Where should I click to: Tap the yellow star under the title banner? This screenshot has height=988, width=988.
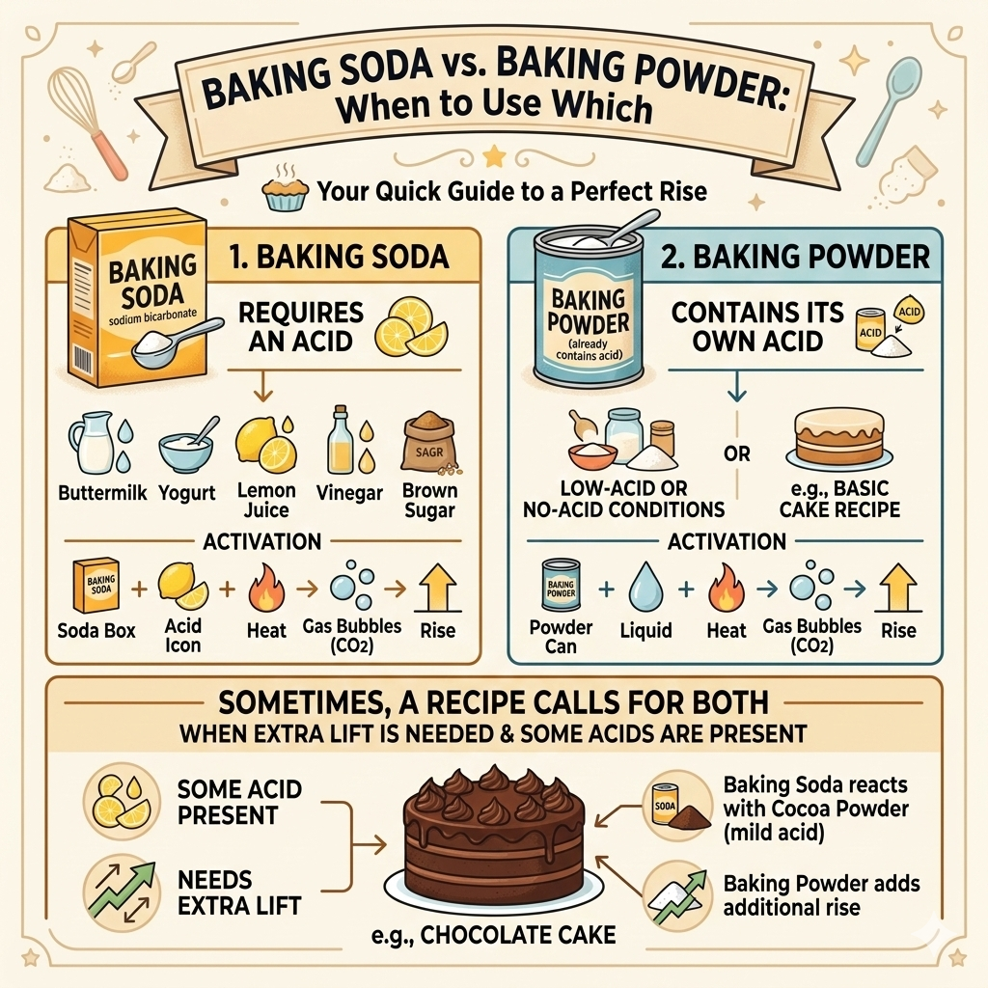[495, 154]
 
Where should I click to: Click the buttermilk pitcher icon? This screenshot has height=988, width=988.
[92, 445]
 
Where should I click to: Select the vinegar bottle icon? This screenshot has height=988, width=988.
[342, 440]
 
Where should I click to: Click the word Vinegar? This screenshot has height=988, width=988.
[349, 493]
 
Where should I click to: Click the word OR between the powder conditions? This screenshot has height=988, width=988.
[736, 453]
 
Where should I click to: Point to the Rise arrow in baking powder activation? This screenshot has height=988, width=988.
[898, 588]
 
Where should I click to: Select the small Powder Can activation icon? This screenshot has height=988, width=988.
[561, 586]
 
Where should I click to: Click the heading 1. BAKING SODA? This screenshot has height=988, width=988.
[340, 257]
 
